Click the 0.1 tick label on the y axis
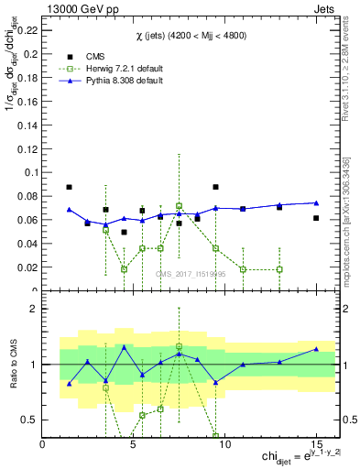click(x=30, y=172)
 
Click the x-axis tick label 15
click(x=315, y=444)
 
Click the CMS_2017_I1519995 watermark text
click(x=190, y=273)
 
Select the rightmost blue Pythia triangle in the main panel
click(x=315, y=202)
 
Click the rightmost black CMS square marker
click(x=315, y=218)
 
